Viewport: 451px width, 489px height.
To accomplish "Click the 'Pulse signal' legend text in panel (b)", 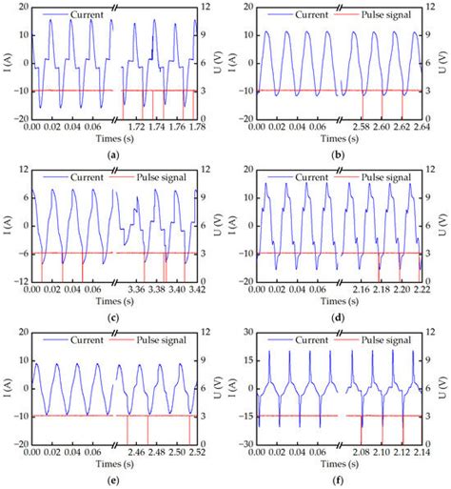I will click(x=376, y=17).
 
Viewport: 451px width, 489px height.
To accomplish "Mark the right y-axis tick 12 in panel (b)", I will click(x=432, y=8).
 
